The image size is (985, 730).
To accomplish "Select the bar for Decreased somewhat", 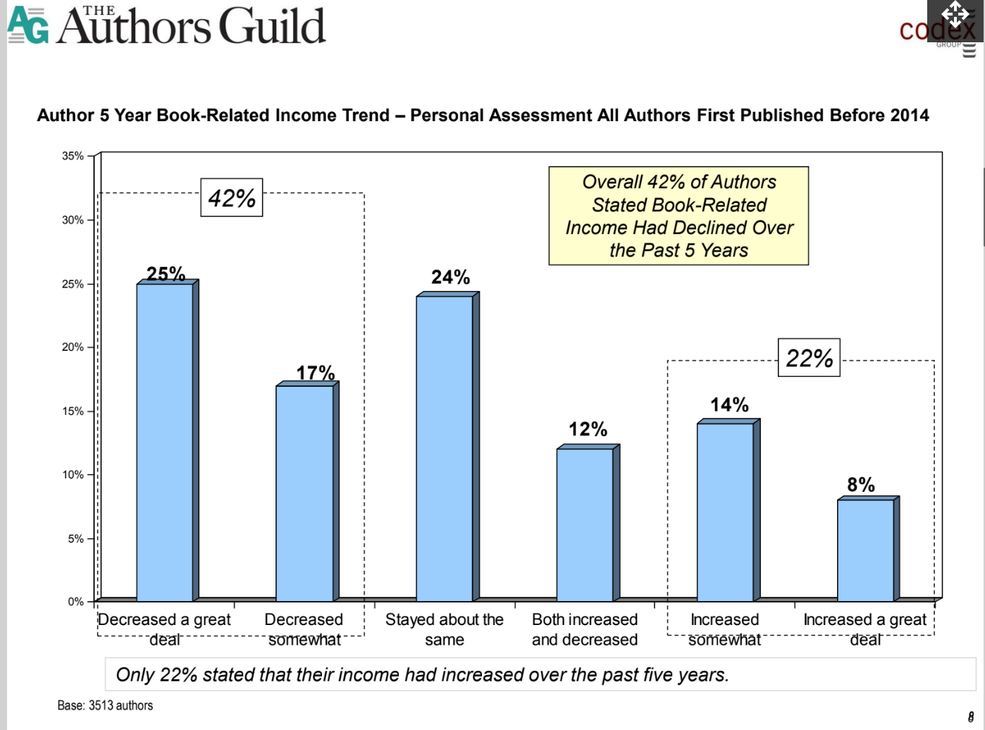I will [304, 493].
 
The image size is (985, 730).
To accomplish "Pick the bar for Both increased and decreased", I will [585, 524].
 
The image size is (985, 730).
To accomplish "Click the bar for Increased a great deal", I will [865, 550].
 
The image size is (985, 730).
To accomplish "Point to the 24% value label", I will [451, 278].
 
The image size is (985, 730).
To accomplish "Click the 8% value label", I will [861, 485].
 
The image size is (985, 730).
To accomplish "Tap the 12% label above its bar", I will [588, 429].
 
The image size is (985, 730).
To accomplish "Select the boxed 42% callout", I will [232, 198].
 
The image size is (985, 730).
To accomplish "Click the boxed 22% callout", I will [809, 358].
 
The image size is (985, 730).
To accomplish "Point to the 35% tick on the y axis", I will [73, 156].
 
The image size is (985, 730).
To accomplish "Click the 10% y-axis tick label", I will [73, 475].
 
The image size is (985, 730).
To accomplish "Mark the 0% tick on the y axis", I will [75, 602].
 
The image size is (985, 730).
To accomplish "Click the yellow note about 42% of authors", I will [679, 216].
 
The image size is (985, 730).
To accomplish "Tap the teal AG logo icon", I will [28, 25].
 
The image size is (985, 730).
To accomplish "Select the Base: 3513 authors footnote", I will [105, 705].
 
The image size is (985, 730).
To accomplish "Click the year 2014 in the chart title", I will [909, 116].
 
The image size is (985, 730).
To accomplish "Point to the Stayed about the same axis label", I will [445, 629].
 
